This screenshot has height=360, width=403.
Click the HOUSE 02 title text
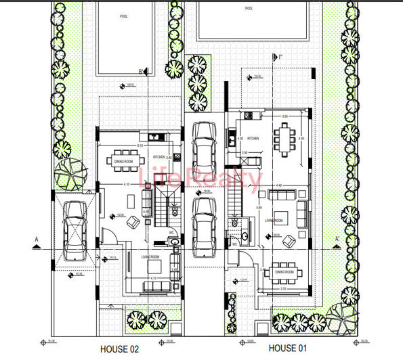coord(119,350)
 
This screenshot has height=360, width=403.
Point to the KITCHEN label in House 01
coord(253,138)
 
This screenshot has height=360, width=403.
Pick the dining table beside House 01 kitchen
coord(283,139)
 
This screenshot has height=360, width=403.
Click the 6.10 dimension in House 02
coord(140,145)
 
